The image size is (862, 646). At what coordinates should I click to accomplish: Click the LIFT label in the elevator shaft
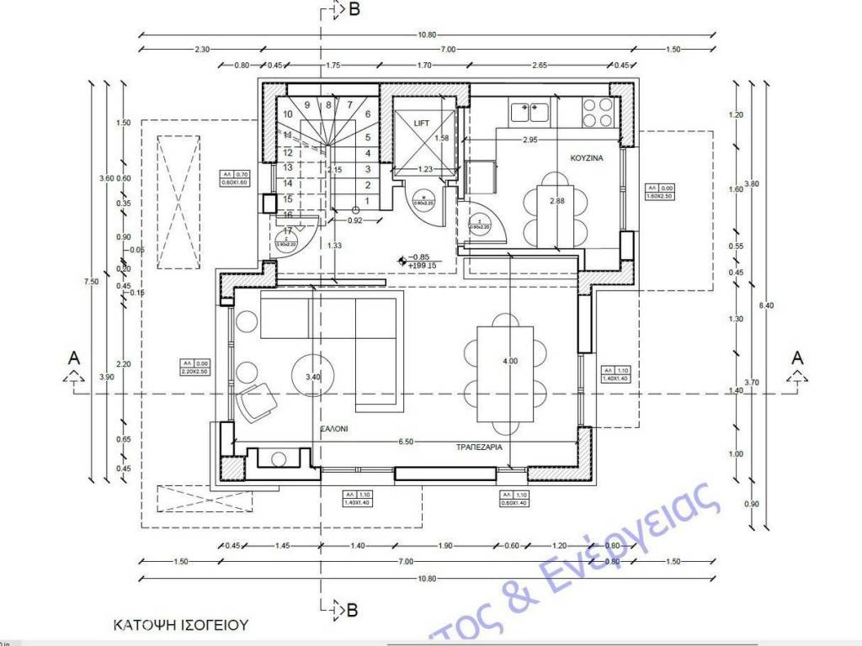(422, 123)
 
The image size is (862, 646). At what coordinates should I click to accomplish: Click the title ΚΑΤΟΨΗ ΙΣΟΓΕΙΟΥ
(181, 625)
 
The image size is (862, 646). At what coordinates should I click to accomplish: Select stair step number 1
(368, 200)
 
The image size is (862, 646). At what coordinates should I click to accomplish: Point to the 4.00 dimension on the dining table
(510, 361)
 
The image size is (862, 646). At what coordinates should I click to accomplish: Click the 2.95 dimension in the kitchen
(530, 140)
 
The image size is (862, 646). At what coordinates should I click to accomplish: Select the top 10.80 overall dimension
(428, 34)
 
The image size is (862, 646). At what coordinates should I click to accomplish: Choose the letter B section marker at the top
(354, 9)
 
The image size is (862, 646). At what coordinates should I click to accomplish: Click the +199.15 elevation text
(421, 266)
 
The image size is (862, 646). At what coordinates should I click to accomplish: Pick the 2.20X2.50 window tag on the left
(194, 372)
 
